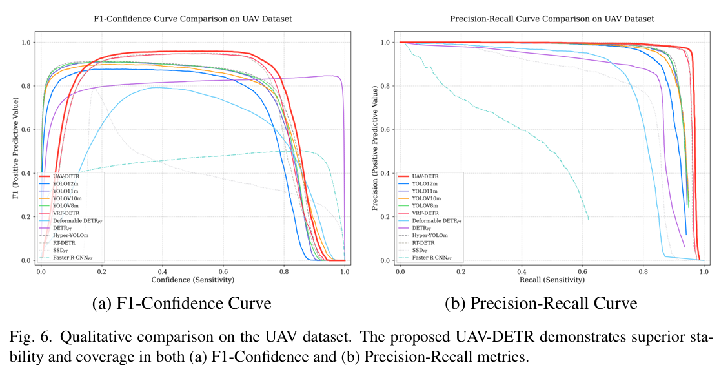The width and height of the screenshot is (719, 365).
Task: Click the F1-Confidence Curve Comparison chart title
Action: [x=192, y=19]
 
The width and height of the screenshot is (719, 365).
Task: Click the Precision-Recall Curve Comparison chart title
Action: [x=552, y=19]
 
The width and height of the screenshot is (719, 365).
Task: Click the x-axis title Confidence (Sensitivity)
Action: [x=192, y=280]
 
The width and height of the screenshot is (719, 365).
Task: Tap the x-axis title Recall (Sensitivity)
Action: [x=552, y=280]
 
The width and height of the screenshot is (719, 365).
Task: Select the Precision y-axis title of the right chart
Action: [x=375, y=149]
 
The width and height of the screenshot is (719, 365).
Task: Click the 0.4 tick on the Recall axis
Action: [x=522, y=271]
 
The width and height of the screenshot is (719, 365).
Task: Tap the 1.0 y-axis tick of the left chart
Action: [x=26, y=42]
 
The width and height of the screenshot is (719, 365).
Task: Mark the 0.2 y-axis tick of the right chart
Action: [x=385, y=216]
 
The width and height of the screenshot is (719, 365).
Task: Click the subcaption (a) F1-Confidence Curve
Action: [x=181, y=304]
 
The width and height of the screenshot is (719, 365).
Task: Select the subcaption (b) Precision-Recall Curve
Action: [x=541, y=304]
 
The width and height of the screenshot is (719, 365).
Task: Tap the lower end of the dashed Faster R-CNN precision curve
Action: [x=589, y=220]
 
